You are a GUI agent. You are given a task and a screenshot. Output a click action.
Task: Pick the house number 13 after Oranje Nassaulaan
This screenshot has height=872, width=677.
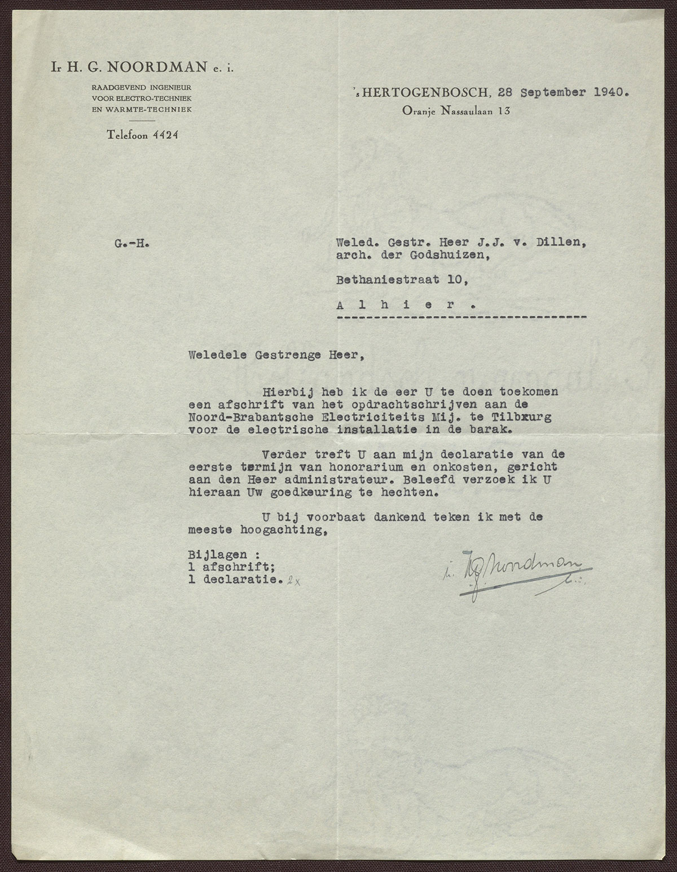point(504,111)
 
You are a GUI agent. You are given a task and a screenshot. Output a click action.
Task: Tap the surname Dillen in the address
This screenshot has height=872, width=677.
point(564,244)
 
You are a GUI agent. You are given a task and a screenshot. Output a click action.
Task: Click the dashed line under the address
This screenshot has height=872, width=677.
point(461,317)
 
